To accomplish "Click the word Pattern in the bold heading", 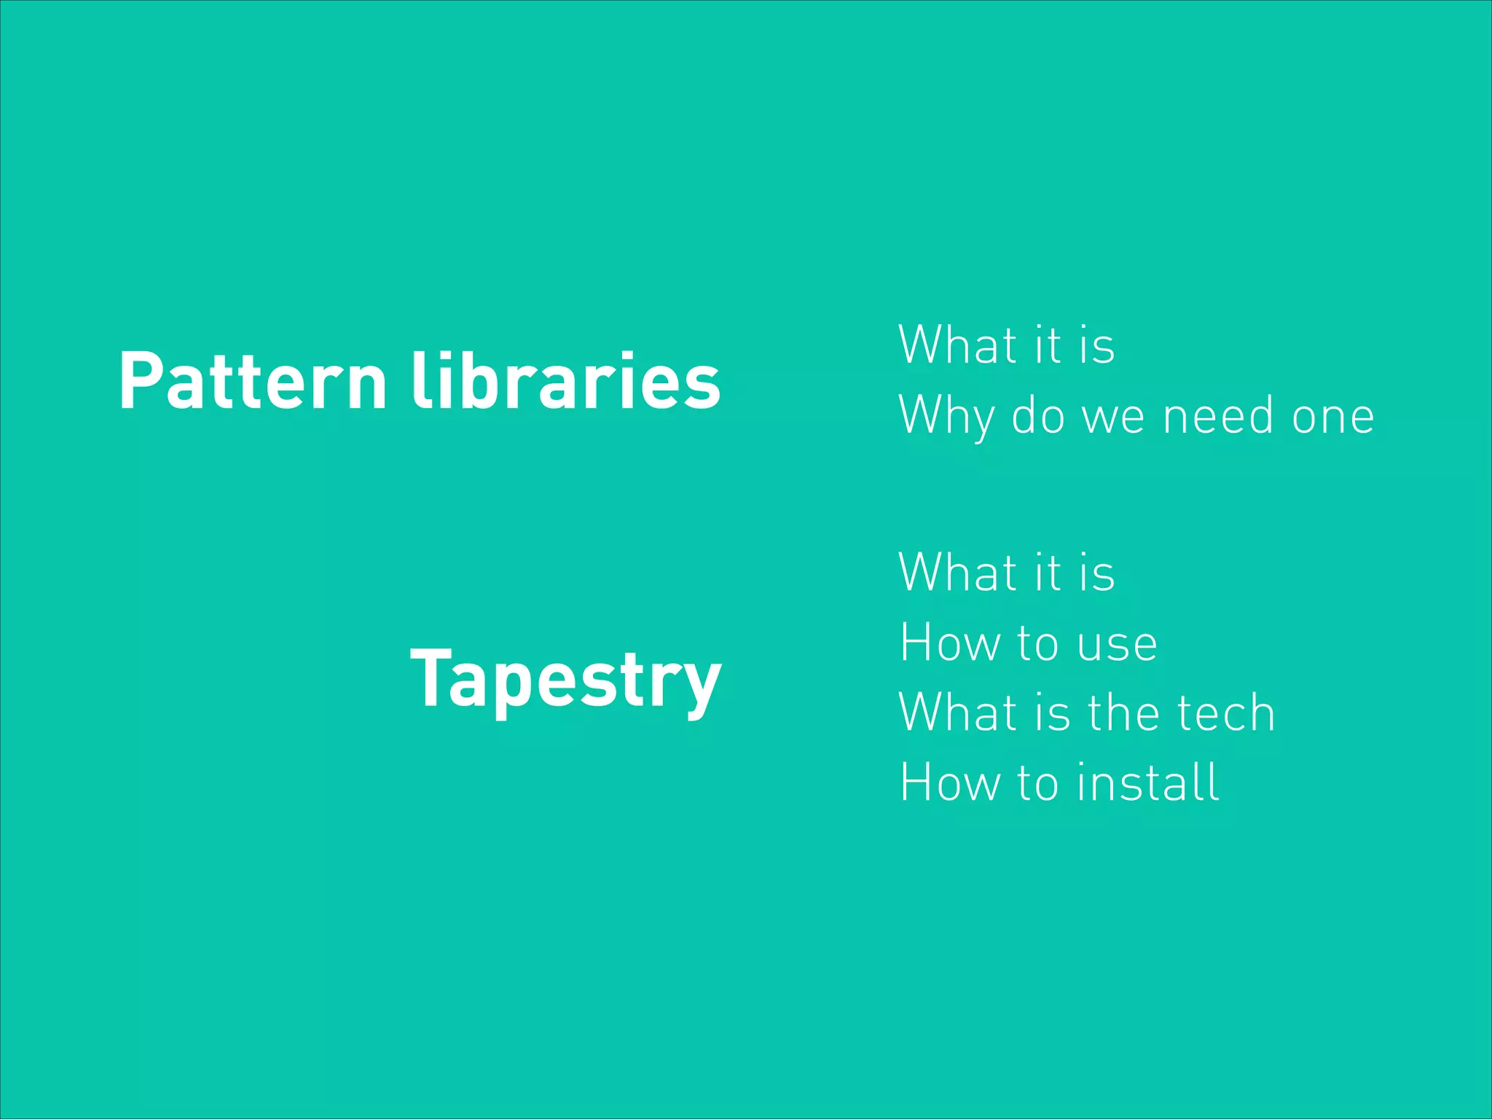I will pyautogui.click(x=252, y=381).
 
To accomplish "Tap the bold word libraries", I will pyautogui.click(x=566, y=381).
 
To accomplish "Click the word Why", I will pyautogui.click(x=946, y=416).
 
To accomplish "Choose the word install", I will pyautogui.click(x=1148, y=782).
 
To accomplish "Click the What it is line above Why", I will pyautogui.click(x=1006, y=345).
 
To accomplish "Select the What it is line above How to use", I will pyautogui.click(x=1006, y=573).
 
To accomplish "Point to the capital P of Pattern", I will pyautogui.click(x=139, y=381).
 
